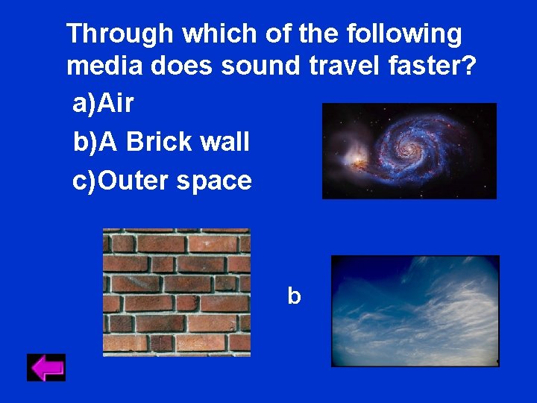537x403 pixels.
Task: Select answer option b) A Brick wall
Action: [x=161, y=142]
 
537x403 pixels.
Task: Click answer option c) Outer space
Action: [x=162, y=181]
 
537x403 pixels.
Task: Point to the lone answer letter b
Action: [x=294, y=296]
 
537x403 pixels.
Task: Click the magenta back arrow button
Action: [x=46, y=367]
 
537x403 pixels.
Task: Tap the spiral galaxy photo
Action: [x=409, y=151]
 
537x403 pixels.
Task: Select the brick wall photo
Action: [x=176, y=292]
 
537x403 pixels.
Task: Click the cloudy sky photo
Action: [x=415, y=310]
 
